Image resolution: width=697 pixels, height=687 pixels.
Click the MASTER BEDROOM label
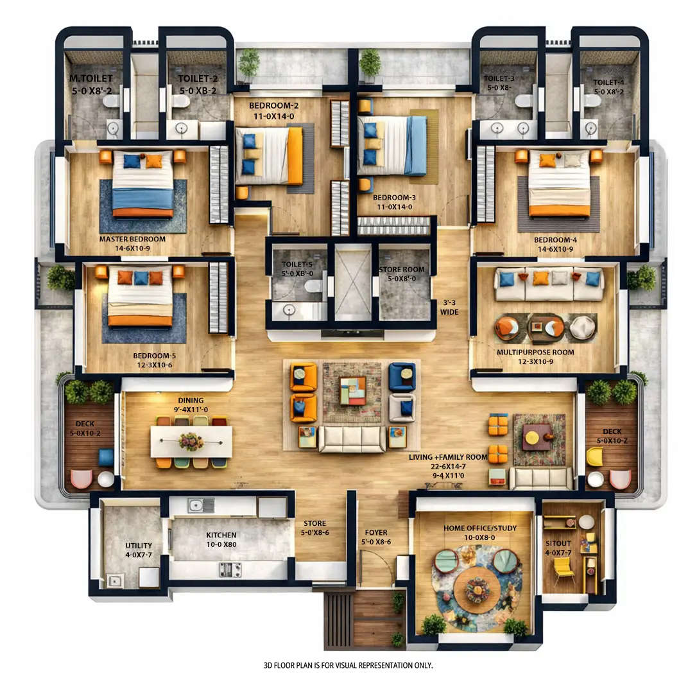pos(132,239)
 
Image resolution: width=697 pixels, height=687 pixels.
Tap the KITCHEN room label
pos(221,535)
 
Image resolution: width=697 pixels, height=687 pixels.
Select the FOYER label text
pos(376,532)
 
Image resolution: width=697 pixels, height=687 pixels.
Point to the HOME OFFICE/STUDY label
pos(480,528)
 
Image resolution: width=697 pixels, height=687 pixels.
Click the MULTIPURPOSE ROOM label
pos(535,352)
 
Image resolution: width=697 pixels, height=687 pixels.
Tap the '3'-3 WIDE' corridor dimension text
pos(449,307)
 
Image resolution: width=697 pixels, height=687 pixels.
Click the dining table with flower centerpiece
pos(191,442)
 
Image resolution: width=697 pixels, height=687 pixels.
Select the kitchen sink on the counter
pos(200,505)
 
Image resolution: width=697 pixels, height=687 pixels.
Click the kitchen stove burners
pos(230,569)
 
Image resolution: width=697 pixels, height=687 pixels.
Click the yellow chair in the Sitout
pos(564,568)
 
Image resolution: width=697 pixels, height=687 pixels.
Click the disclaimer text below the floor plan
pos(348,665)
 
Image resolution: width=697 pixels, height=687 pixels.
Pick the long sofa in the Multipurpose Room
pos(549,284)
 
